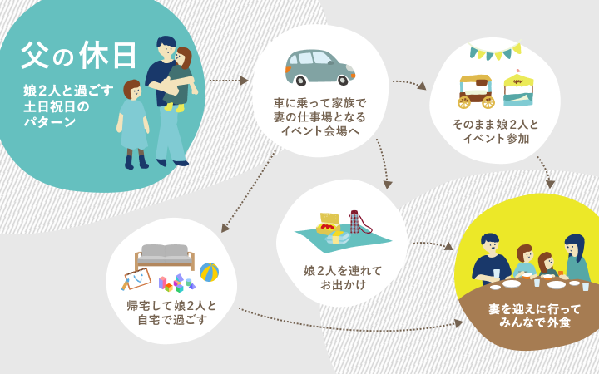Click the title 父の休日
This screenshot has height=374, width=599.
(78, 56)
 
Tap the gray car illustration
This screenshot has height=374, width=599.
(320, 67)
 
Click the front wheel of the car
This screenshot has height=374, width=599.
(343, 80)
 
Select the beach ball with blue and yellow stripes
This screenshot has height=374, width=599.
(209, 272)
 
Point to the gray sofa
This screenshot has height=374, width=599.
(165, 257)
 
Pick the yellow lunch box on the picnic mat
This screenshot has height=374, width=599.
(328, 224)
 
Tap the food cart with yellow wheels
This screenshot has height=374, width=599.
(476, 91)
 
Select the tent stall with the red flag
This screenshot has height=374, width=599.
(518, 89)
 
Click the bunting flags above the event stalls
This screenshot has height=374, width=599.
(496, 51)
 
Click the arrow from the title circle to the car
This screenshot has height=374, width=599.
(229, 81)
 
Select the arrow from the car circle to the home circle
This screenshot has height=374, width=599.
(250, 190)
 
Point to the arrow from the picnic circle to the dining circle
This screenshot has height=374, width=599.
(433, 245)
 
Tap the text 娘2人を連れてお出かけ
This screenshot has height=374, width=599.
(343, 278)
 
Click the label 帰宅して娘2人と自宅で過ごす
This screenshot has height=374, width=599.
(172, 312)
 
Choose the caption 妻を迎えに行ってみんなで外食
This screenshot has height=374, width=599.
(534, 316)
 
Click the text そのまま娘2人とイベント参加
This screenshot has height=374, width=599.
(496, 131)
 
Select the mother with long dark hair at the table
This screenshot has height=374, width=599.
(576, 258)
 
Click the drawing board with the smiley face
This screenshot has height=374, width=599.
(136, 278)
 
